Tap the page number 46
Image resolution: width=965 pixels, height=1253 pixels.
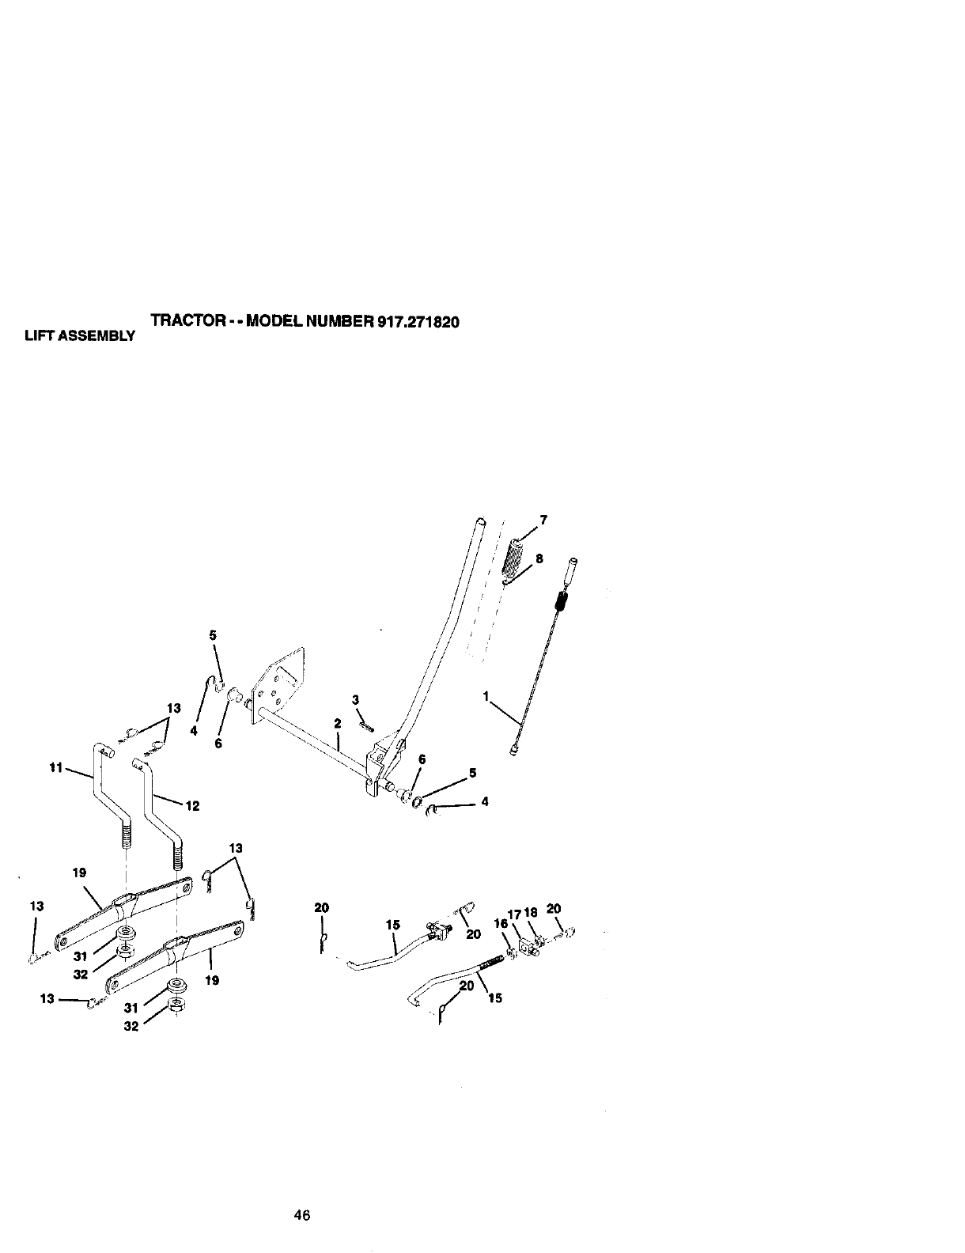tap(301, 1215)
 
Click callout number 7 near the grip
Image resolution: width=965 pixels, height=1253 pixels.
tap(543, 520)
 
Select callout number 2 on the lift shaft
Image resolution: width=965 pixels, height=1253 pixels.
tap(337, 723)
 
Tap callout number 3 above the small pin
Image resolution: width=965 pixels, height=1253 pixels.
tap(356, 699)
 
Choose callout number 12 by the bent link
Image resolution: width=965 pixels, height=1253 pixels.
tap(191, 806)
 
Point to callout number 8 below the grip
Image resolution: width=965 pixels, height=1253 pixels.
tap(539, 558)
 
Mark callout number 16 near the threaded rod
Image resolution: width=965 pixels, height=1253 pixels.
tap(499, 922)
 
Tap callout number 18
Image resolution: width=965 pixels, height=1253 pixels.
tap(530, 914)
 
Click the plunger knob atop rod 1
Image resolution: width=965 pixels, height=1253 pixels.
tap(571, 570)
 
